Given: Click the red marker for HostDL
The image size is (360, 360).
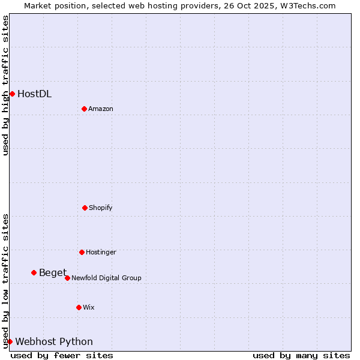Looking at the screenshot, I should click(x=12, y=94).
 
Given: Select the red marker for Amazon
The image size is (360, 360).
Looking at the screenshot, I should click(x=84, y=109).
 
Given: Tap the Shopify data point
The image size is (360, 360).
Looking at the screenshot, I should click(x=85, y=208).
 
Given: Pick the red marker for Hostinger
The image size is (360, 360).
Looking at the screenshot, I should click(x=82, y=252).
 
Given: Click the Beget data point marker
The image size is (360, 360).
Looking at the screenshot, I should click(x=34, y=272).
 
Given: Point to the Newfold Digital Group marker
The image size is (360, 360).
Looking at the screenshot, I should click(x=67, y=278).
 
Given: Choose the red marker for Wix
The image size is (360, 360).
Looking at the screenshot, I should click(x=79, y=307).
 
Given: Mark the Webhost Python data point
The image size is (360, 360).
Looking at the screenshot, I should click(x=10, y=341).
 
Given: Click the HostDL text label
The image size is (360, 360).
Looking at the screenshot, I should click(x=34, y=94).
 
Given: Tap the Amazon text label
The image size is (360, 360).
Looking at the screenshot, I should click(x=101, y=109).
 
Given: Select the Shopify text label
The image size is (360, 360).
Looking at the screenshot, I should click(x=101, y=208).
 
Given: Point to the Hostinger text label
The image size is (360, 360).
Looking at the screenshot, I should click(x=101, y=252).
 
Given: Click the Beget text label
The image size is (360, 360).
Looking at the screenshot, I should click(x=53, y=273).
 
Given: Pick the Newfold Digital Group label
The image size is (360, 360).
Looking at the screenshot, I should click(x=106, y=278).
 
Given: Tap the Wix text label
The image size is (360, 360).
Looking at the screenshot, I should click(x=89, y=307).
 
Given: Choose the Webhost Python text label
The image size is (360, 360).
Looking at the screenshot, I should click(x=54, y=342).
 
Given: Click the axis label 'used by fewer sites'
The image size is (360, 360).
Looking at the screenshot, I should click(x=62, y=355).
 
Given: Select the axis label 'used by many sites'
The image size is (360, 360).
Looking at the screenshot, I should click(x=301, y=355).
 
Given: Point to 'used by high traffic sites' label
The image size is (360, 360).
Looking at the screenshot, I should click(x=5, y=85).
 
